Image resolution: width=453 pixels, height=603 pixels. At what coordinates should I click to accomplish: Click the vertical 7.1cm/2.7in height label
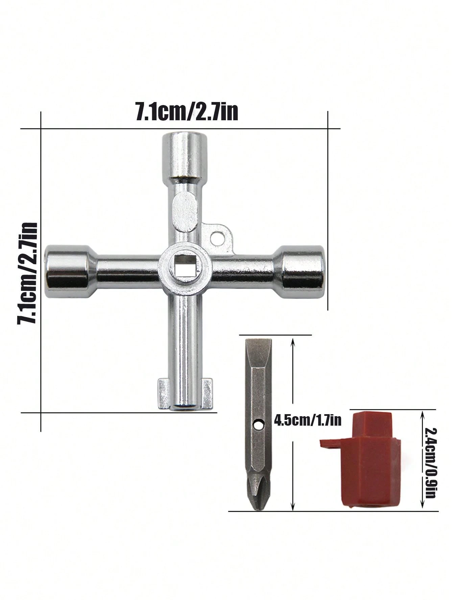(28, 273)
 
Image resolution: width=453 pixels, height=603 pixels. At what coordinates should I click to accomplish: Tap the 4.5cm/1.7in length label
(307, 421)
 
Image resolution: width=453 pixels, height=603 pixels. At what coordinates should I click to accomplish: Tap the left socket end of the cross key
(68, 271)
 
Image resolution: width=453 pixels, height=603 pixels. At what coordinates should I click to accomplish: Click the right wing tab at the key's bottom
(206, 394)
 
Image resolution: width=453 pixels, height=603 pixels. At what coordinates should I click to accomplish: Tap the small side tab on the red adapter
(330, 443)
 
